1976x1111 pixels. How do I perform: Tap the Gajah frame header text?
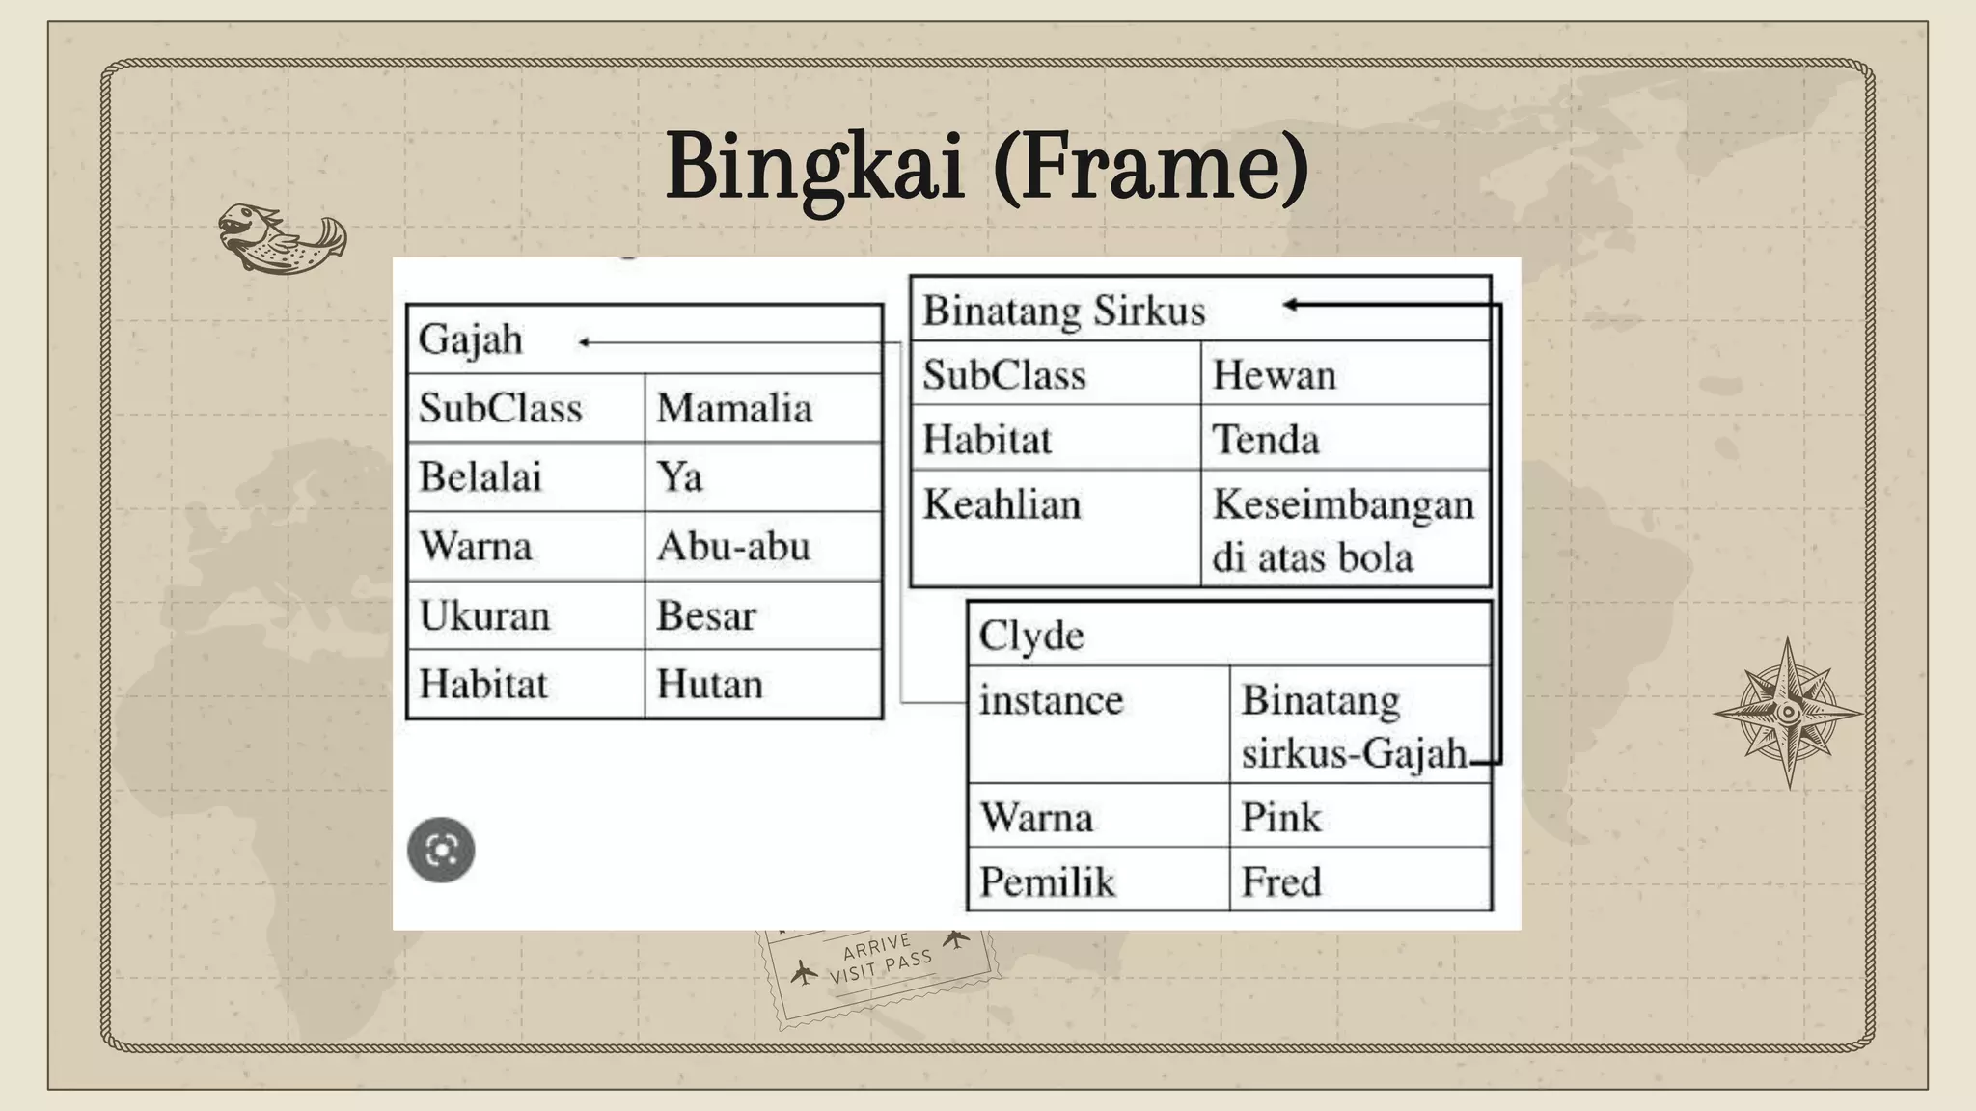471,339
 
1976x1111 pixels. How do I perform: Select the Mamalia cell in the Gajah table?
734,408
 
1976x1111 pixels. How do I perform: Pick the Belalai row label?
480,477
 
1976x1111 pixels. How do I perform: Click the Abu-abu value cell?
733,547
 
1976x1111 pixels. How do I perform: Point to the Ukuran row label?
484,615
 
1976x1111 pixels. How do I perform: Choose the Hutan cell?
709,685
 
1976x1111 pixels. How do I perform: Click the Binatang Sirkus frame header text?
1064,311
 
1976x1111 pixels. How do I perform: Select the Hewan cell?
1274,374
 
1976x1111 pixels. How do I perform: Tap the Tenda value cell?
1265,440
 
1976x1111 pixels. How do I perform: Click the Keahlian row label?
1002,504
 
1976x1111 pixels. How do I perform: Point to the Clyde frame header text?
1031,636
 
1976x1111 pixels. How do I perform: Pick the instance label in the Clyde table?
1051,700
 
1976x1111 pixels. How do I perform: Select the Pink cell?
1280,818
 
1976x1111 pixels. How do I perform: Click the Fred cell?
1280,881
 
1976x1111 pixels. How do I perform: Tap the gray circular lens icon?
441,850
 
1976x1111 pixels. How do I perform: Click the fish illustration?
282,238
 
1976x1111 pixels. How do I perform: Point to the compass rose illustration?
1788,713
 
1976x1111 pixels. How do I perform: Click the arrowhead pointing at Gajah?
583,342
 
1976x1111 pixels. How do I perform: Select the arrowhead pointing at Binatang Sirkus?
1290,305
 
